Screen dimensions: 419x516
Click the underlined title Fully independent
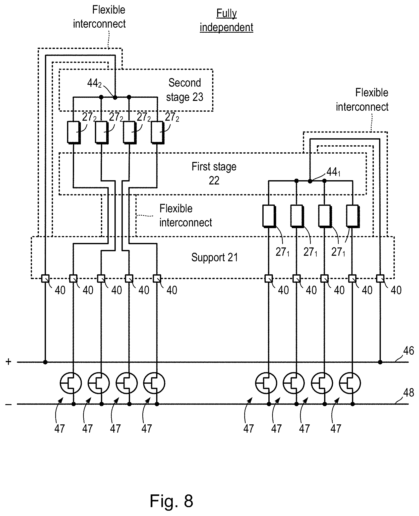tap(226, 20)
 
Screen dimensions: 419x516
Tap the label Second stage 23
tap(185, 90)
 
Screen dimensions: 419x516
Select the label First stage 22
tap(214, 173)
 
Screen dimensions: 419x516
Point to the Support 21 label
tap(215, 257)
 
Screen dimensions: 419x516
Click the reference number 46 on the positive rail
tap(408, 351)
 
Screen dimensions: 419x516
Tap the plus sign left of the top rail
tap(9, 362)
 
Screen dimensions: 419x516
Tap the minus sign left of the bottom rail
tap(8, 404)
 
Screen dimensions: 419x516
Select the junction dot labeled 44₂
tap(115, 97)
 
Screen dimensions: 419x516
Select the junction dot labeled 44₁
tap(310, 181)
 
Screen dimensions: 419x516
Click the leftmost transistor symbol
tap(71, 383)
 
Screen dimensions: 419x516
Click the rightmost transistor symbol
tap(350, 383)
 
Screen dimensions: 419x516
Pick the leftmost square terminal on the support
tap(45, 279)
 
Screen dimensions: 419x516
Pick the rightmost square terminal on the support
tap(380, 279)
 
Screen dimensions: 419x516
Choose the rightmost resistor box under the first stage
tap(353, 216)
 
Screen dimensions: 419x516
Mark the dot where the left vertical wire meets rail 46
tap(45, 362)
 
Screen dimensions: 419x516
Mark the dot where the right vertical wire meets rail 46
tap(380, 362)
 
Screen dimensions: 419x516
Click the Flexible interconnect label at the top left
tap(99, 17)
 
